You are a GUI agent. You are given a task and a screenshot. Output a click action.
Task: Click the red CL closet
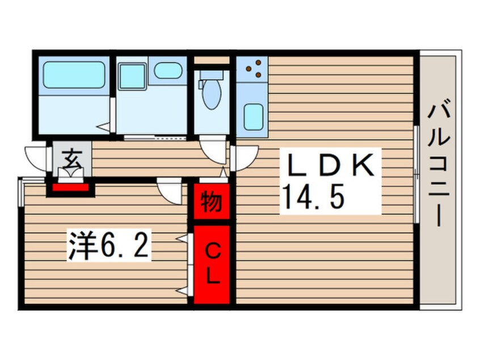point(212,263)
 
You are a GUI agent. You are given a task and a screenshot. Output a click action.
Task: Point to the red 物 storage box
point(212,201)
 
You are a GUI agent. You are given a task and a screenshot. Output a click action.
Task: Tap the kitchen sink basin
point(252,116)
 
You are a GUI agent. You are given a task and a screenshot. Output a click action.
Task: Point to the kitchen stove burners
point(254,68)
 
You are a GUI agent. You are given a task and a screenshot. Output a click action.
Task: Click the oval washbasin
point(168,70)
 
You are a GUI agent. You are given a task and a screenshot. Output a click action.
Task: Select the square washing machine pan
point(132,76)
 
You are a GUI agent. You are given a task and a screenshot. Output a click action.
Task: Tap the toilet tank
point(211,74)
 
